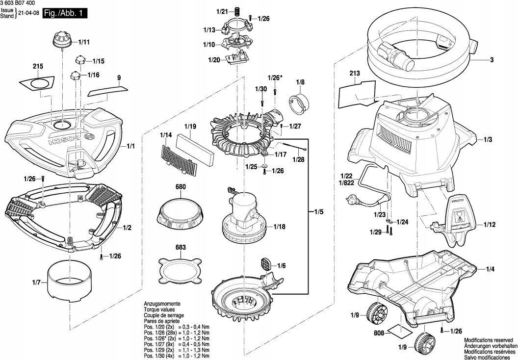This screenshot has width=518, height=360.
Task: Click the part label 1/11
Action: click(x=84, y=43)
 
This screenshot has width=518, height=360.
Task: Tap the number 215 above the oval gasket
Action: click(x=38, y=66)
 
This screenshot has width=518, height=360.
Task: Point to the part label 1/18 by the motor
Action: click(x=280, y=227)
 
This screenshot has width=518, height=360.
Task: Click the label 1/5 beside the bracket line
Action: click(x=319, y=212)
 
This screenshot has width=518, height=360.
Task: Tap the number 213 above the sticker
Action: click(x=355, y=73)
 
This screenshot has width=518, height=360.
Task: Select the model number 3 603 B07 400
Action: click(x=18, y=3)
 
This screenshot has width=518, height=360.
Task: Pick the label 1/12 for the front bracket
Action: click(x=489, y=225)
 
